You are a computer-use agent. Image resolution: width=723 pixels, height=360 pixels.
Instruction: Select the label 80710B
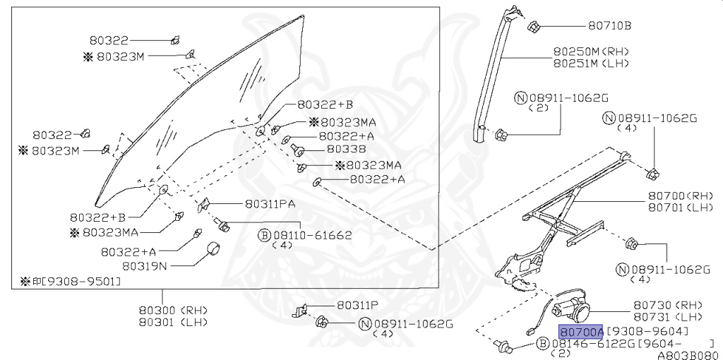tap(609, 26)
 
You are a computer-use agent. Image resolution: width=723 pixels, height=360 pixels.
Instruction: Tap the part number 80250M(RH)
tap(590, 52)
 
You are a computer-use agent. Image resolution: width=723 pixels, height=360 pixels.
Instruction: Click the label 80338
tap(346, 150)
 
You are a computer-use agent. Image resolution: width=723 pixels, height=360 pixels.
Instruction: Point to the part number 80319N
tap(145, 266)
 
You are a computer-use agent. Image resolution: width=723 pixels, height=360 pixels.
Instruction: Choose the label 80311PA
tap(270, 204)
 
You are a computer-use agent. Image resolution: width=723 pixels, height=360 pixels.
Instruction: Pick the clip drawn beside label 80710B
tap(534, 28)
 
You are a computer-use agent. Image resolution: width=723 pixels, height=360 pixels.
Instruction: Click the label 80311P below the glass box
tap(357, 306)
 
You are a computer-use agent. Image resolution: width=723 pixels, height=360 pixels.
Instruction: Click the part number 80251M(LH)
tap(590, 64)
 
